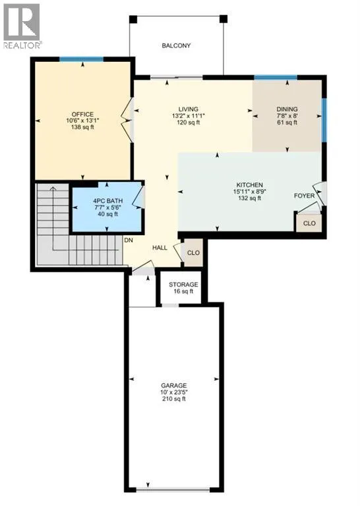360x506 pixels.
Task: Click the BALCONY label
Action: (176, 46)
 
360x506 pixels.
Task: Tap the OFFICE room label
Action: (82, 114)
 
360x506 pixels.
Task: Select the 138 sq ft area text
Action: (82, 127)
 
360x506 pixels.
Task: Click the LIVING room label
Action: (189, 109)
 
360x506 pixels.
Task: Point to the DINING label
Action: (287, 109)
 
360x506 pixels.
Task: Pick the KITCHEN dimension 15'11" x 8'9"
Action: (250, 191)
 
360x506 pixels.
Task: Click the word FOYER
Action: (304, 196)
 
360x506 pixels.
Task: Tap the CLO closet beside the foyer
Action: (309, 223)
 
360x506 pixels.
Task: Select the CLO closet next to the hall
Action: (193, 253)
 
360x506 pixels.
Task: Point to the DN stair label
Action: (129, 240)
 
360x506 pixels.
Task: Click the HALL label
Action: (160, 248)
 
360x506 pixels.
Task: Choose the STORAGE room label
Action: (183, 285)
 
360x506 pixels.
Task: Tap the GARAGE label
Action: (174, 385)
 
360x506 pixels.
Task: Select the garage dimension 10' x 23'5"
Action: (174, 393)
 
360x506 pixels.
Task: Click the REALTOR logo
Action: (22, 26)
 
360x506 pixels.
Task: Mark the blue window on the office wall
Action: (81, 59)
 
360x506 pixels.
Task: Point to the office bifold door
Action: (127, 120)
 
